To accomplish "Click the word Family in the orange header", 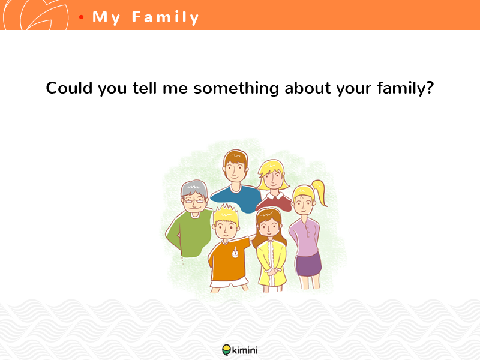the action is coord(166,17).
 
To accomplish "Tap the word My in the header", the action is coord(106,18).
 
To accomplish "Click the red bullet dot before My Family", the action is coord(81,17).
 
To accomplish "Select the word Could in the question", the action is coord(69,88).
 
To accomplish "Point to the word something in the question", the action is coord(236,88).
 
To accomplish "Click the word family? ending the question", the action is coord(406,88).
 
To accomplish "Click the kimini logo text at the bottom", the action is coord(245,350).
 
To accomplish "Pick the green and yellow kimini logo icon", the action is coord(227,350).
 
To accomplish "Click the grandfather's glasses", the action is coord(194,201).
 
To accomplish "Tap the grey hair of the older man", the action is coord(194,188).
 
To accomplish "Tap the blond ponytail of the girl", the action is coord(319,192).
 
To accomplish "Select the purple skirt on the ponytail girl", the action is coord(308,265).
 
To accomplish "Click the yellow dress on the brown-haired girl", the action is coord(272,263).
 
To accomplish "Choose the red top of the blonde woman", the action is coord(275,202).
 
